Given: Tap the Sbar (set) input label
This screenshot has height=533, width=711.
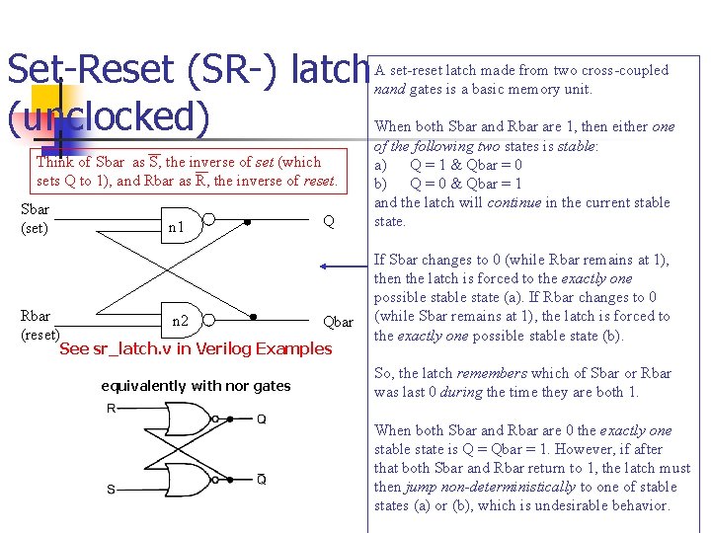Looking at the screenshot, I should point(36,219).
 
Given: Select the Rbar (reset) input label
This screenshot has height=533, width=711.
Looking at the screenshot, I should point(39,325).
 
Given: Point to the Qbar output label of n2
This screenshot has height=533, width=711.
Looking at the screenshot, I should point(338,322).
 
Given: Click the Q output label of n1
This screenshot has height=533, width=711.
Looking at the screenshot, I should point(329,222).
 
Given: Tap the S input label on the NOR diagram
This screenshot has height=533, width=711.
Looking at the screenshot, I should point(111,489).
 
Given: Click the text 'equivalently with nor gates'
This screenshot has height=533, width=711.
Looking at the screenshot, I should point(196,386).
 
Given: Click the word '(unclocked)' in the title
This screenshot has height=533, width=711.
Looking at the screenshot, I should point(109,115).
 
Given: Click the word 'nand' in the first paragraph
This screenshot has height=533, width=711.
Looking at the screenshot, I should point(389,89).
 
